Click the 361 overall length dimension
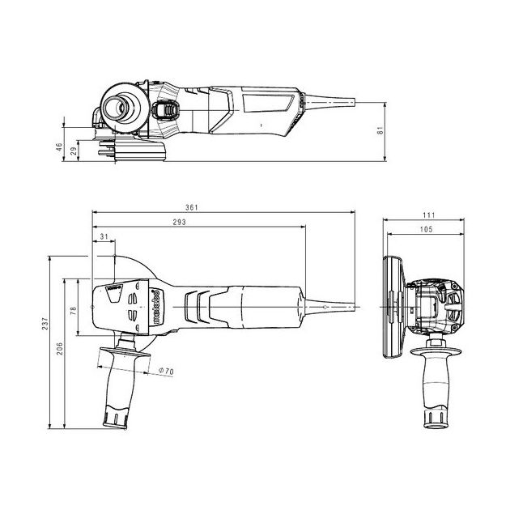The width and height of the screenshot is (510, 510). pos(192,207)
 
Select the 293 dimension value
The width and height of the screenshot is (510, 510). pos(179,222)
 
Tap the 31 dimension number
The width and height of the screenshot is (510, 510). pos(104,236)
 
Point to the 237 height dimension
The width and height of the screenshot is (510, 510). pos(45,324)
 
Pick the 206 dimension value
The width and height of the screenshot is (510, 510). pos(60,348)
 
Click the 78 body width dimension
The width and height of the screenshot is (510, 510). pos(74,311)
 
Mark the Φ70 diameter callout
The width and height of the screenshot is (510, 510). pos(166,371)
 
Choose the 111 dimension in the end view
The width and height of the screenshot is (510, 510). pos(429,215)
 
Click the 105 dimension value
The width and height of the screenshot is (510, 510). pos(426,229)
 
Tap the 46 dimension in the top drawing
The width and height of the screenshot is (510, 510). pos(59,147)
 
